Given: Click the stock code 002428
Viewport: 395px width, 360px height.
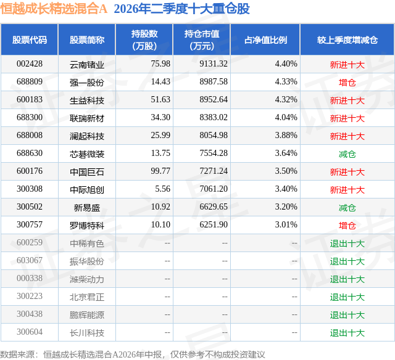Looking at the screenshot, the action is [x=30, y=64].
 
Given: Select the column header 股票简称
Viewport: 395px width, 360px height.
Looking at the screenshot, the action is [x=87, y=39].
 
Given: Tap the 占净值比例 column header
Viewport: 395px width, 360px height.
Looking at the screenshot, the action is [x=265, y=39].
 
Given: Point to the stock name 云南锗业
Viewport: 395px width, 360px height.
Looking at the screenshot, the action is [x=87, y=65].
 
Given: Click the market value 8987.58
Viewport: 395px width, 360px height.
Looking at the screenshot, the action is [x=214, y=82].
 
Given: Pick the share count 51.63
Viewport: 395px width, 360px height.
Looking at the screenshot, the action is [x=160, y=100].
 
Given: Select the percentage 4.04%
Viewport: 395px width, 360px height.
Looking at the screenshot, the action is [x=286, y=118].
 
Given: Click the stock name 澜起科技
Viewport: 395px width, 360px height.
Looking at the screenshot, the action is [x=87, y=136].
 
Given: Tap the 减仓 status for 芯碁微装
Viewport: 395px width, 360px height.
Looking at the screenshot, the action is [x=347, y=154].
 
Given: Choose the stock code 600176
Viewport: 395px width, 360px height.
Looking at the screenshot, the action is [x=30, y=171].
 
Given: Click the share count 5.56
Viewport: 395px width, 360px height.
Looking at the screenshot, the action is [x=163, y=189].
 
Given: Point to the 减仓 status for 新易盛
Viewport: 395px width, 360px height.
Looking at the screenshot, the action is [x=347, y=208].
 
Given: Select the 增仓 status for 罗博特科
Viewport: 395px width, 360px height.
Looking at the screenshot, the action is [x=347, y=226].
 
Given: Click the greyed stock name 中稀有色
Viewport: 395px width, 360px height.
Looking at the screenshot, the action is [x=87, y=243].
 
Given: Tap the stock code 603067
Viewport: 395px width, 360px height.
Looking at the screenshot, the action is [x=30, y=260].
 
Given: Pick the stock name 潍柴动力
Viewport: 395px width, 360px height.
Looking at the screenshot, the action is [x=87, y=279].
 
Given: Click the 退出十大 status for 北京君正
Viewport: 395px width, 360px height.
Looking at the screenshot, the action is [x=347, y=297].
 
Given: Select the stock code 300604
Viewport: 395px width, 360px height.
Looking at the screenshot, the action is [x=30, y=332].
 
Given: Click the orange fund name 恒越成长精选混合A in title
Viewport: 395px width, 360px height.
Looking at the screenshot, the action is [x=54, y=9].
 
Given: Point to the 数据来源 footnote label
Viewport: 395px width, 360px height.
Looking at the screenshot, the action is [x=17, y=354].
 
